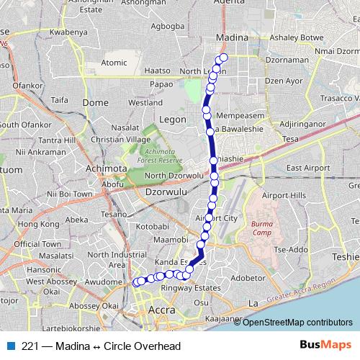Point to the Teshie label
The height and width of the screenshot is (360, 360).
click(x=346, y=256)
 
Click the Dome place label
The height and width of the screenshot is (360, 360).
click(x=95, y=103)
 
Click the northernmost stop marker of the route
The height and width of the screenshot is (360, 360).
click(x=223, y=58)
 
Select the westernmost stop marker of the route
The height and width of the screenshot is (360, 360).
click(x=135, y=282)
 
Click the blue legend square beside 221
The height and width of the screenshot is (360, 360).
click(x=9, y=346)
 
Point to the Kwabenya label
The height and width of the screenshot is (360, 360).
click(x=69, y=32)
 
